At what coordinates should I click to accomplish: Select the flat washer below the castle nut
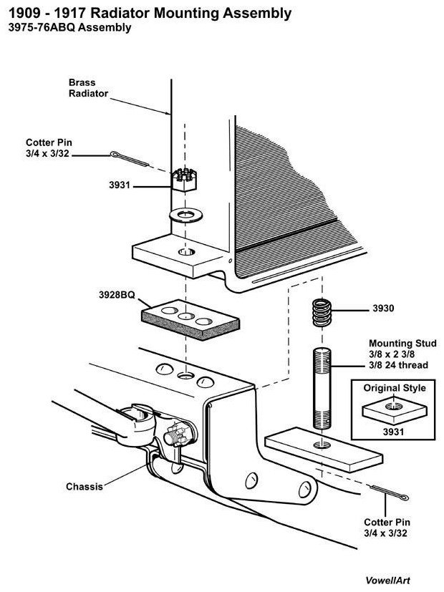pyautogui.click(x=185, y=214)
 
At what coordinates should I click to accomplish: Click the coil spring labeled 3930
pyautogui.click(x=322, y=311)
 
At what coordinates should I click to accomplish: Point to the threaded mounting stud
pyautogui.click(x=322, y=386)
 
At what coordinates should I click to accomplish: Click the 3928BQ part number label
pyautogui.click(x=118, y=294)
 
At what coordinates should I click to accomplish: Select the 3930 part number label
pyautogui.click(x=384, y=309)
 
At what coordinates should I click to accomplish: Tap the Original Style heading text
pyautogui.click(x=394, y=388)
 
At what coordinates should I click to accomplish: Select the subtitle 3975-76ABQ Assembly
pyautogui.click(x=69, y=29)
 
